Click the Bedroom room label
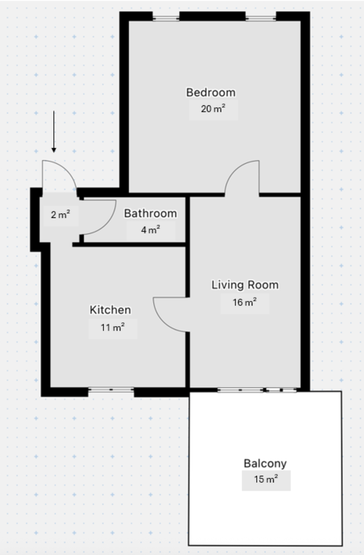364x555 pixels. pos(211,92)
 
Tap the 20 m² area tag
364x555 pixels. pos(213,110)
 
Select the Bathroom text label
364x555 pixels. pos(150,214)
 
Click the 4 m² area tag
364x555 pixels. pos(150,230)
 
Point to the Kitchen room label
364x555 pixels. pos(110,310)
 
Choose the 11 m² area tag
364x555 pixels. pos(113,328)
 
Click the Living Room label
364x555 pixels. pos(245,285)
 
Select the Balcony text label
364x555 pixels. pos(265,464)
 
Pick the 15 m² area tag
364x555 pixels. pos(266,480)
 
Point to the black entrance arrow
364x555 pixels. pos(54,132)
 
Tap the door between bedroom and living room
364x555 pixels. pos(242,177)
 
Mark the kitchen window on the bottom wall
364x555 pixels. pos(111,391)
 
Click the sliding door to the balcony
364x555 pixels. pos(258,390)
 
